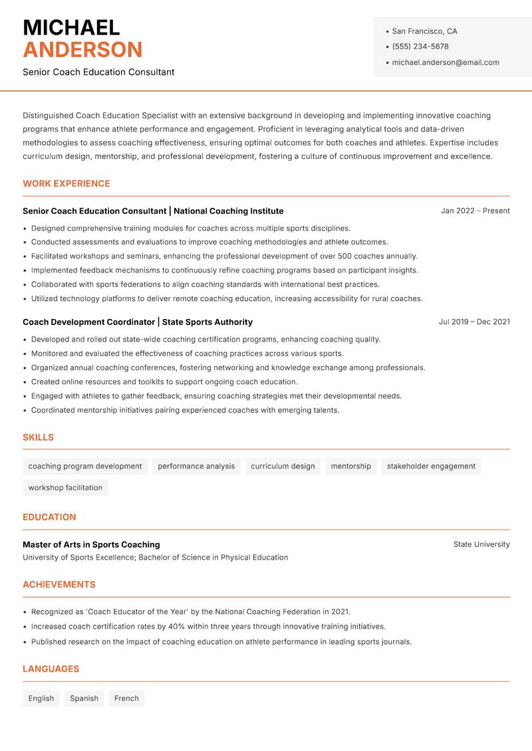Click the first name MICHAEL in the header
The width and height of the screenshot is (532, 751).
click(71, 28)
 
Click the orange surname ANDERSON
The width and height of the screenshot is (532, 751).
click(82, 50)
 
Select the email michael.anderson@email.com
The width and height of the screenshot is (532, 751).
click(445, 62)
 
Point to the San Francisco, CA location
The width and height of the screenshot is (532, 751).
click(424, 31)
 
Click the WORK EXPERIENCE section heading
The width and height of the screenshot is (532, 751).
click(66, 183)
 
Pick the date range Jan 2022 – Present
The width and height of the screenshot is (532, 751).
click(475, 211)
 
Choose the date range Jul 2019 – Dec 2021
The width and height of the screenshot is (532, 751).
click(474, 322)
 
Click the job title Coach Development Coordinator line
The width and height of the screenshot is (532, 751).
click(138, 322)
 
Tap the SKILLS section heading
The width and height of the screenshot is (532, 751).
click(38, 437)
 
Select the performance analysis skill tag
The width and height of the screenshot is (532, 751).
click(196, 467)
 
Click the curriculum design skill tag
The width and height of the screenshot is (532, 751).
click(283, 467)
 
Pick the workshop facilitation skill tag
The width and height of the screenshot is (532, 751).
click(65, 488)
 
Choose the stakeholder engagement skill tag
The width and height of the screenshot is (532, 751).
click(431, 467)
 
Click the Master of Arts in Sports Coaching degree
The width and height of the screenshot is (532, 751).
click(91, 544)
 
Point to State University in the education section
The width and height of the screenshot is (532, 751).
click(481, 544)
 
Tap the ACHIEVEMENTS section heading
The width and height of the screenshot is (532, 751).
click(59, 585)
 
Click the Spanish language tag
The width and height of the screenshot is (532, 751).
click(84, 698)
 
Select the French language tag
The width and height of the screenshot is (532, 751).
click(126, 698)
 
